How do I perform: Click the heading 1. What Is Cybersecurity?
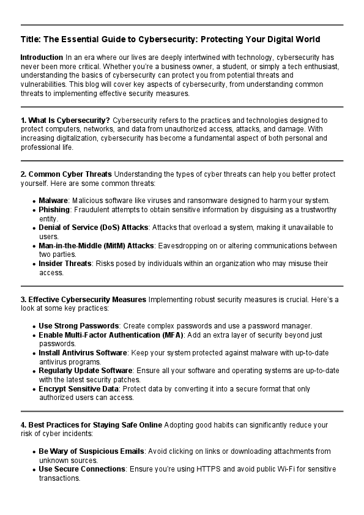click(65, 120)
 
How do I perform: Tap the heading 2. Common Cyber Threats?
click(66, 174)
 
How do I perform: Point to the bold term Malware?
click(53, 201)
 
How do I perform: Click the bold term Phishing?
click(54, 210)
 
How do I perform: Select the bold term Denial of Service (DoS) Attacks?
click(93, 228)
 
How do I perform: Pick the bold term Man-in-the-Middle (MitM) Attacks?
click(96, 246)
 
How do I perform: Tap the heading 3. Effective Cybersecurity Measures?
click(83, 300)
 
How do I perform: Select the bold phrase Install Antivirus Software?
click(83, 353)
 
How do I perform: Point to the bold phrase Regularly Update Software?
click(85, 371)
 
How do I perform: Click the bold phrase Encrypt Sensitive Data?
click(79, 388)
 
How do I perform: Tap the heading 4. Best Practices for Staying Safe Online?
click(91, 424)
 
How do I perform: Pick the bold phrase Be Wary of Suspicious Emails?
click(91, 451)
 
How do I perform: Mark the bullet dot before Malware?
click(33, 201)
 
